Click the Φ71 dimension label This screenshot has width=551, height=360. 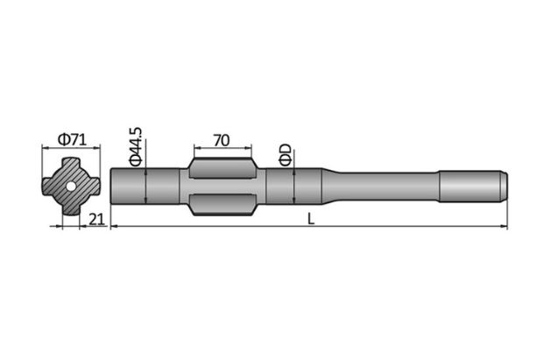(71, 139)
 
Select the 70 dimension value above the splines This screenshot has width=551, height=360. (220, 139)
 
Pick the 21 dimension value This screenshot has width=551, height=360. (97, 219)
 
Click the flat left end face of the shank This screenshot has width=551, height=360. (114, 187)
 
